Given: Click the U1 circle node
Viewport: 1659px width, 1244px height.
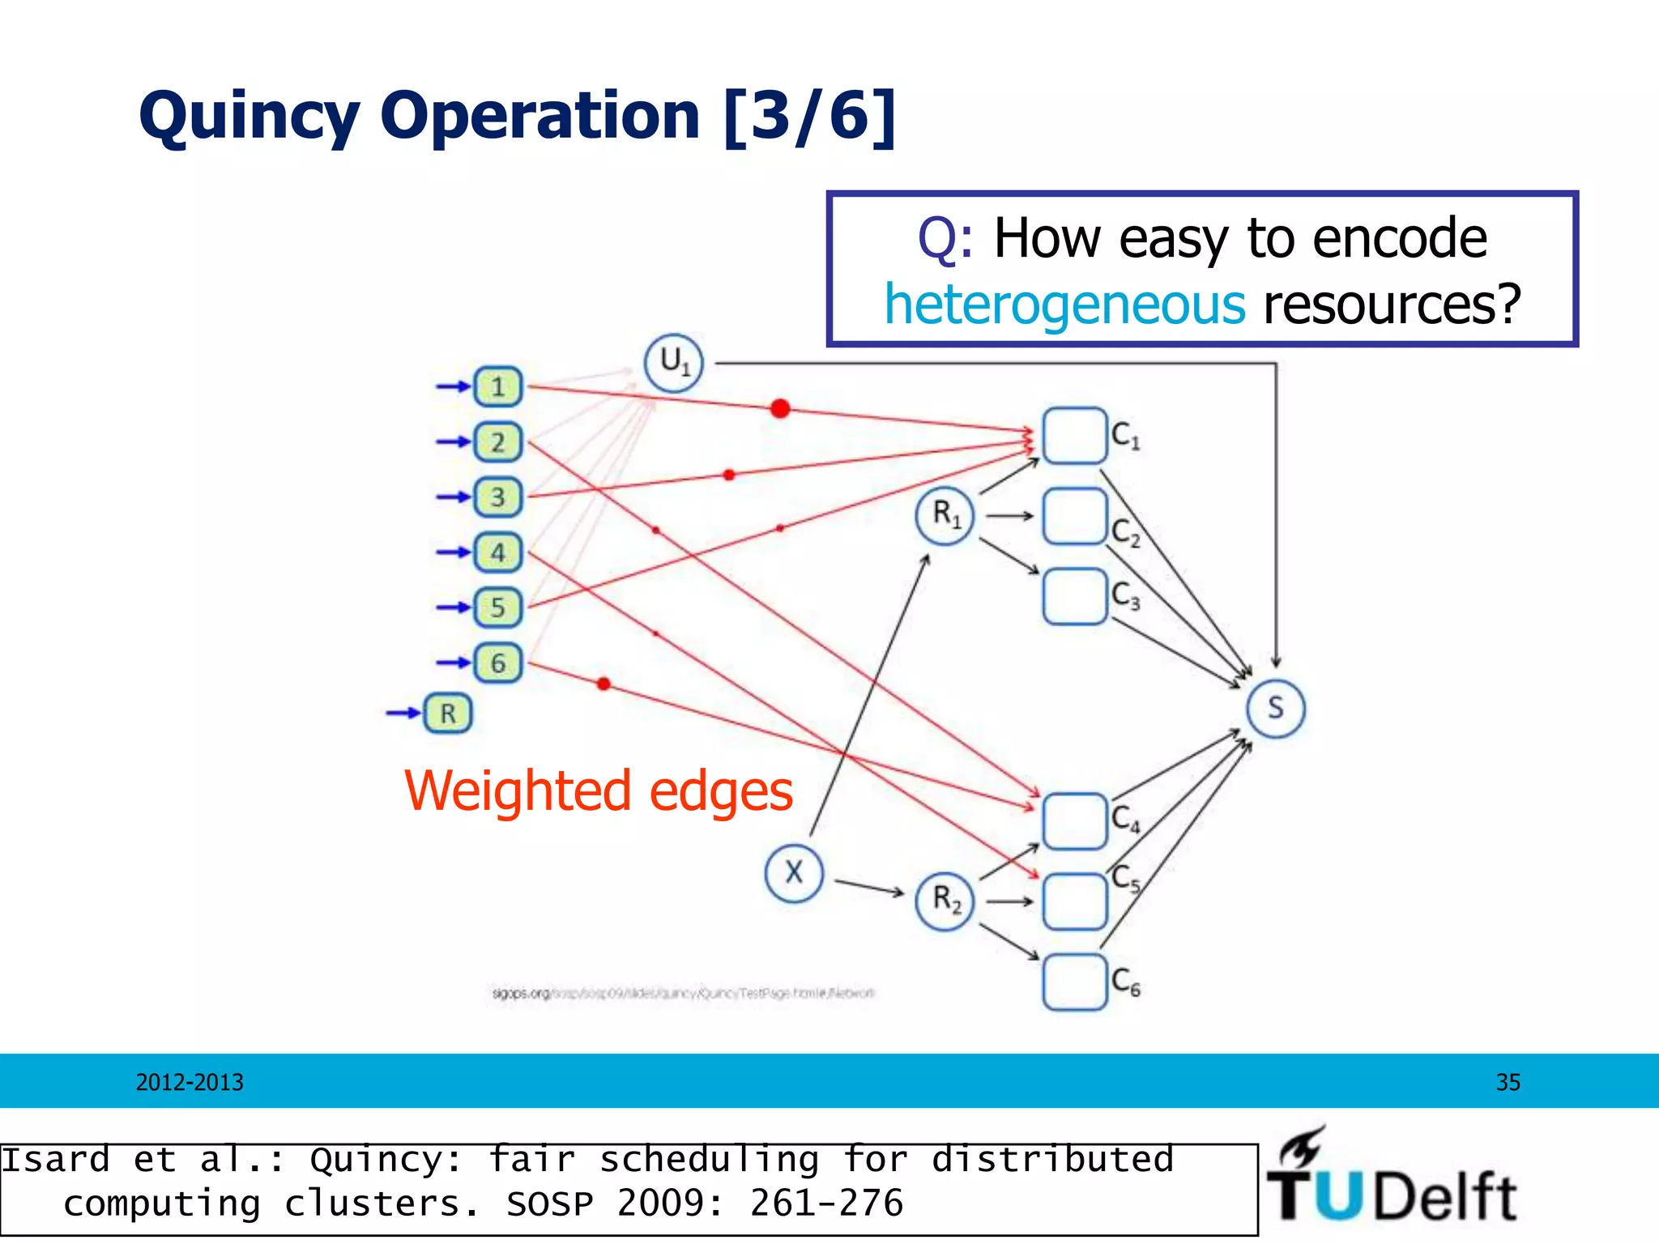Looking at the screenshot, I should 673,363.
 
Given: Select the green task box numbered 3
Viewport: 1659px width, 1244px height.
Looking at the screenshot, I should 497,496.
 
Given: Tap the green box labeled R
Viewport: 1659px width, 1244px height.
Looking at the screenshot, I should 447,714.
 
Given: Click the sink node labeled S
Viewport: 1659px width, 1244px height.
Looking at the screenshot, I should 1275,708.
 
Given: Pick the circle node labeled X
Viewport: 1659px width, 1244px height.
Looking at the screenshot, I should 794,872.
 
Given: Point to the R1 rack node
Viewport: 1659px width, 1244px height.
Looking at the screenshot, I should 945,515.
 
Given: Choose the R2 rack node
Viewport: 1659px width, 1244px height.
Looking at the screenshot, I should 945,901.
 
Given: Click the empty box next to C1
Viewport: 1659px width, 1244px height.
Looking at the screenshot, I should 1074,436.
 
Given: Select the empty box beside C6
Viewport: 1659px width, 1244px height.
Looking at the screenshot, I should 1074,982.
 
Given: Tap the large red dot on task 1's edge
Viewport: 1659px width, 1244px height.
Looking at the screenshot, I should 780,408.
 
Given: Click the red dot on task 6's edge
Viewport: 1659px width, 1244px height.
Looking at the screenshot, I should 603,684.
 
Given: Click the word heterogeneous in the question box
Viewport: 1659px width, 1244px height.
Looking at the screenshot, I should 1064,305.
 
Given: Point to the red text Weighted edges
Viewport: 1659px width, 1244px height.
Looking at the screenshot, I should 598,791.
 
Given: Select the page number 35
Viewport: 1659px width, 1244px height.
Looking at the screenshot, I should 1508,1082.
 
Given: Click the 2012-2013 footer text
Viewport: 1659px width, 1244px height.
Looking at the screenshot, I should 190,1082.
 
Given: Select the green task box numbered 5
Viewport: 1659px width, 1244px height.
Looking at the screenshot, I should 497,607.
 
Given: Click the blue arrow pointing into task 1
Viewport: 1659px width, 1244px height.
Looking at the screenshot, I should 453,386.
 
